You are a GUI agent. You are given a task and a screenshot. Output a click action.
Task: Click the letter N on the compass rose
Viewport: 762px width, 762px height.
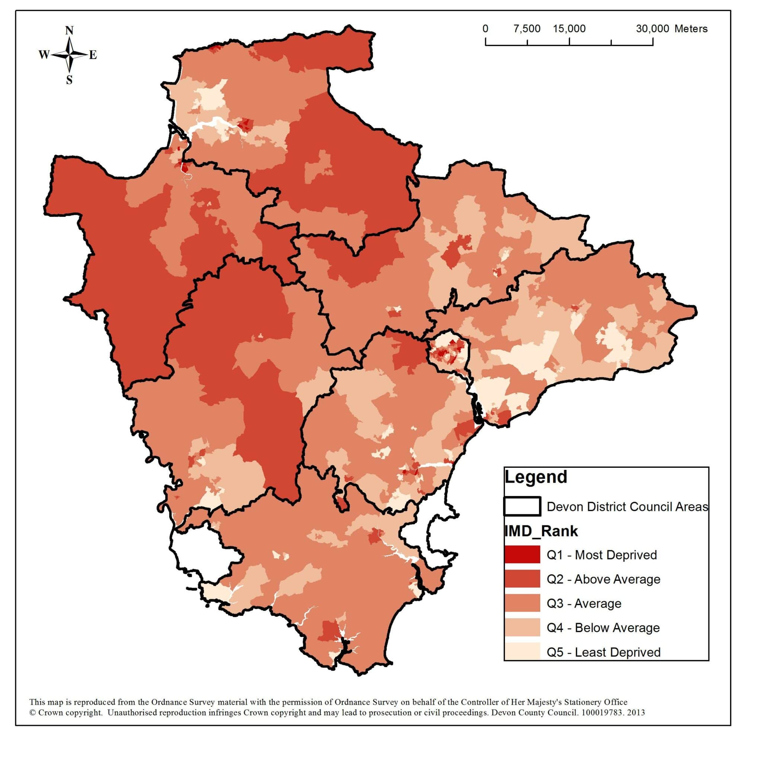click(x=70, y=31)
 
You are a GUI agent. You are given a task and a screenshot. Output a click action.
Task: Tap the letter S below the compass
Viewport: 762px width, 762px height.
click(x=70, y=80)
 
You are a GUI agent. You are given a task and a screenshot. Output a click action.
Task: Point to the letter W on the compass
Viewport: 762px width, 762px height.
click(x=44, y=54)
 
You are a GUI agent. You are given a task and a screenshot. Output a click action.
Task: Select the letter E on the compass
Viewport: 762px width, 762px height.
click(x=93, y=55)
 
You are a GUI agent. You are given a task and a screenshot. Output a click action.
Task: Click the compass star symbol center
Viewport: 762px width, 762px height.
click(x=70, y=55)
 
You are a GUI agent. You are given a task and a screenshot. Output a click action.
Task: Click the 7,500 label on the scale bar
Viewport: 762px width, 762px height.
click(x=527, y=29)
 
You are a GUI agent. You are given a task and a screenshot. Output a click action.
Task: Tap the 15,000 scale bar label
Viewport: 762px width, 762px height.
click(x=569, y=29)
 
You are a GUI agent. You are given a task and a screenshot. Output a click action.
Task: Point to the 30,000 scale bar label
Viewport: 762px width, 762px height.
click(x=652, y=29)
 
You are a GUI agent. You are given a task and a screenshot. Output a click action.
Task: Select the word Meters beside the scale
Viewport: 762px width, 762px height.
click(x=691, y=29)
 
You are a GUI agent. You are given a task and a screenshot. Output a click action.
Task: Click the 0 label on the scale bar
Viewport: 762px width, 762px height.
click(x=486, y=29)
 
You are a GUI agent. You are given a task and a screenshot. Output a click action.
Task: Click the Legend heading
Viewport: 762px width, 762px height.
click(x=536, y=477)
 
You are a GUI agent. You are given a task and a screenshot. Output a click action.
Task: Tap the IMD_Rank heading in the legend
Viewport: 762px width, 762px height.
click(x=541, y=531)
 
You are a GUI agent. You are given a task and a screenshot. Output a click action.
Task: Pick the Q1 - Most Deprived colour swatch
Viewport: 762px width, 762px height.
click(x=522, y=554)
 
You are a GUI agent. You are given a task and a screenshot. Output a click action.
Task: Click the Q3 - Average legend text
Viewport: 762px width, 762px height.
click(x=584, y=603)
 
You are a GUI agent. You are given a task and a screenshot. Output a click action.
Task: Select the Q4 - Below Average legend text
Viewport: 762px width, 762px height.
click(x=603, y=628)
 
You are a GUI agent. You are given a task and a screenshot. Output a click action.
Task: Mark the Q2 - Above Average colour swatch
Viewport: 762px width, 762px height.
click(x=522, y=579)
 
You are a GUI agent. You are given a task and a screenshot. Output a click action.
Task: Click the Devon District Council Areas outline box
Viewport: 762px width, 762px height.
click(x=522, y=506)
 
